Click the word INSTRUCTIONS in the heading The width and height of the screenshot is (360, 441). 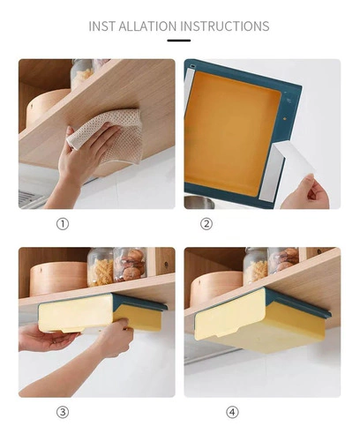pos(225,26)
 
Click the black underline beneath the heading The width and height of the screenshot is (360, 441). pos(179,41)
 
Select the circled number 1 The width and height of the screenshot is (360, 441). pos(63,224)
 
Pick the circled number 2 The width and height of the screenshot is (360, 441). pos(206,224)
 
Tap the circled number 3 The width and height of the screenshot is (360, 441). pos(63,412)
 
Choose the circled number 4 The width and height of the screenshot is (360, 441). pos(232,412)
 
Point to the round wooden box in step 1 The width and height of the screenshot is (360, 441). pos(47,108)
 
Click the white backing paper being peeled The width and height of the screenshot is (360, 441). pos(293,161)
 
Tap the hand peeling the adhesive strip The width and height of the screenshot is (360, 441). pos(307,192)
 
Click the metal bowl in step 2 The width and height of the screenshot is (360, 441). pos(199,202)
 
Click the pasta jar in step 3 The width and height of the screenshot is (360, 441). pos(101,267)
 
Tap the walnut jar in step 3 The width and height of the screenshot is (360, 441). pos(131,265)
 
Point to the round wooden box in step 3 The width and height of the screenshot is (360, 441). pos(58,280)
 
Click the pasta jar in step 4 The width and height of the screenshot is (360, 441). pos(255,265)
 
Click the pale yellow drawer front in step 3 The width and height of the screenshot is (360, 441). pos(75,313)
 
